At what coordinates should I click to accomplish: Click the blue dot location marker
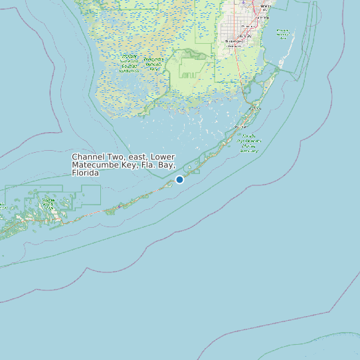179,179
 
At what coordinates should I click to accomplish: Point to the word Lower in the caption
163,157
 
